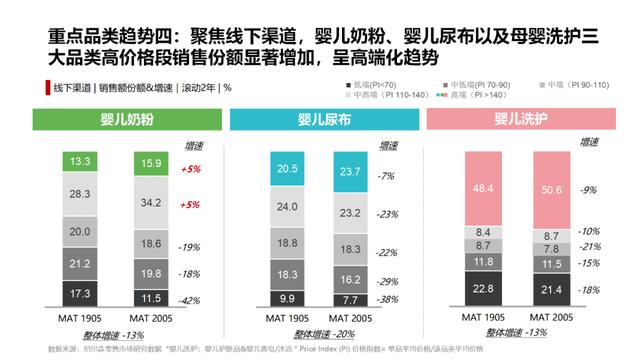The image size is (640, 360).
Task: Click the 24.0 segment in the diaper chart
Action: (286, 207)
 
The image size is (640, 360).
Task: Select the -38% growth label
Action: (386, 299)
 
